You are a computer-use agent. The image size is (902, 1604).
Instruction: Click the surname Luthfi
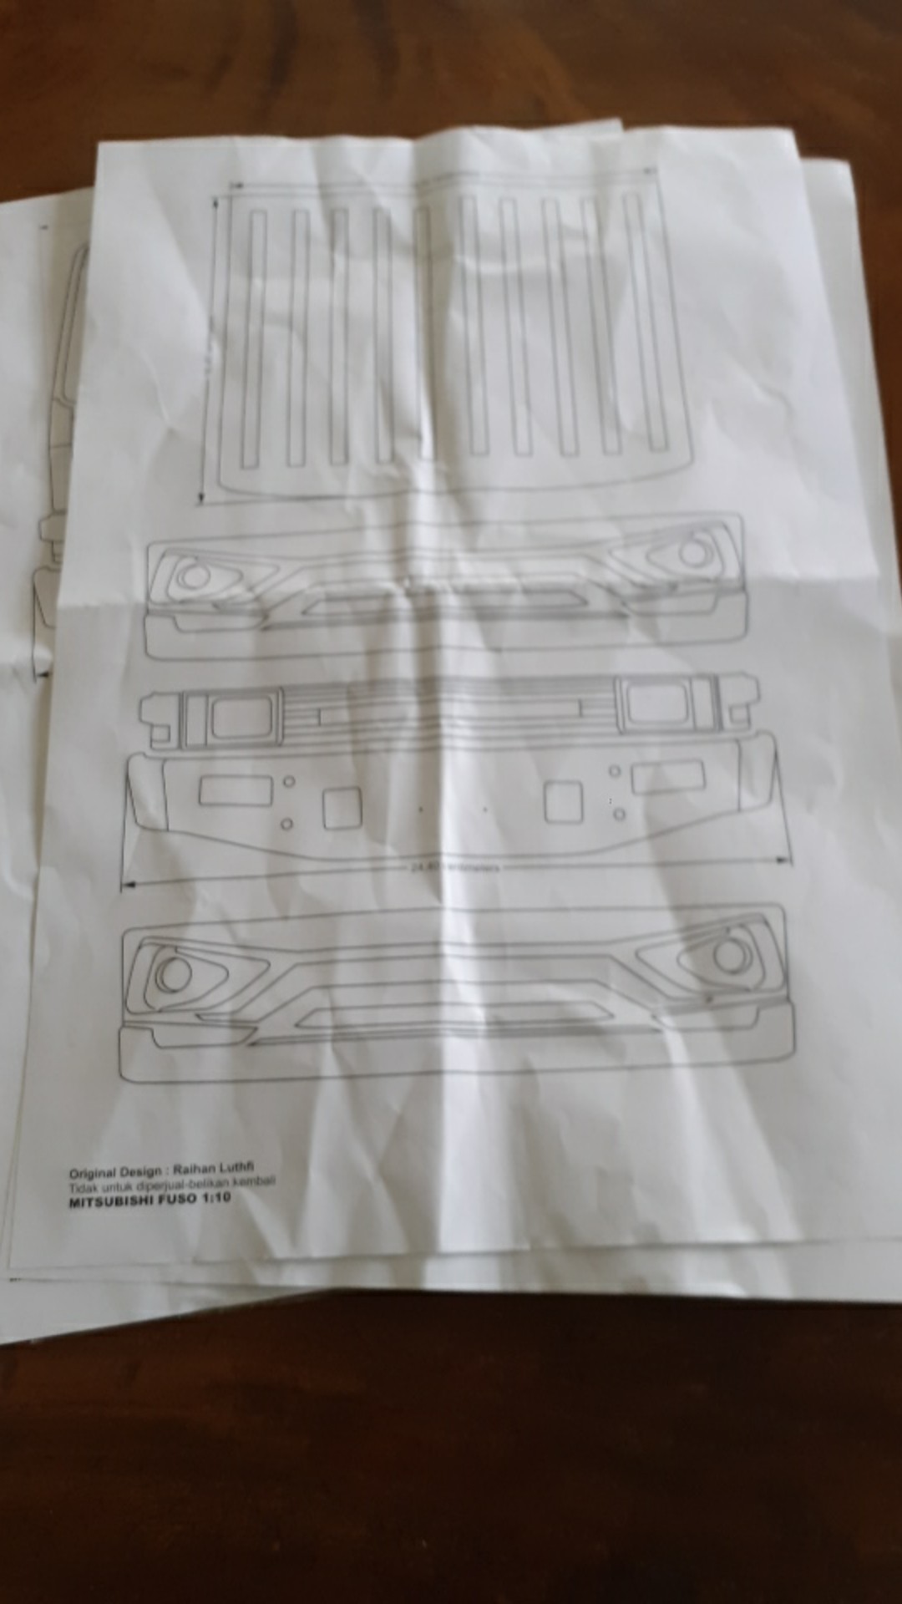[x=242, y=1167]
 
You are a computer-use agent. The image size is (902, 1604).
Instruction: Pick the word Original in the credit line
[x=93, y=1173]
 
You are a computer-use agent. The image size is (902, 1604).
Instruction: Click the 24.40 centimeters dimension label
[x=455, y=867]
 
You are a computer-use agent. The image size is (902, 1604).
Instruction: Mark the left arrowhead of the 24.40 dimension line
[x=125, y=885]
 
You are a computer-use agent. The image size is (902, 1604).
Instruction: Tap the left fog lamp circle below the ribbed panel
[x=195, y=576]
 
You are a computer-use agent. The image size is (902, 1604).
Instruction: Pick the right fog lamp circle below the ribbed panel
[x=692, y=552]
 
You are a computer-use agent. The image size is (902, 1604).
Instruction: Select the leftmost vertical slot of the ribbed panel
[x=253, y=338]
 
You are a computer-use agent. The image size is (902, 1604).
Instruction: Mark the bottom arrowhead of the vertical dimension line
[x=201, y=499]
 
